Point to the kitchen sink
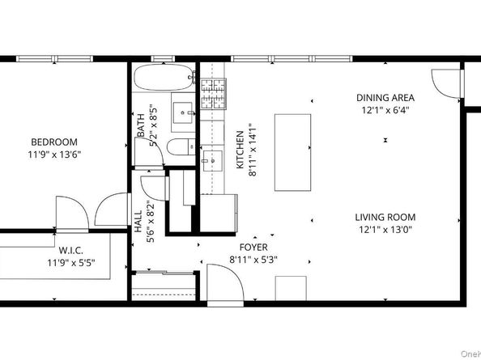pos(212,158)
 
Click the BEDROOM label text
pos(54,141)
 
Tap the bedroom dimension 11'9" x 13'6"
pos(54,154)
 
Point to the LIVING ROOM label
pos(385,217)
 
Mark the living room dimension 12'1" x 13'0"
pos(385,230)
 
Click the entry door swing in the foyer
pos(222,283)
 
